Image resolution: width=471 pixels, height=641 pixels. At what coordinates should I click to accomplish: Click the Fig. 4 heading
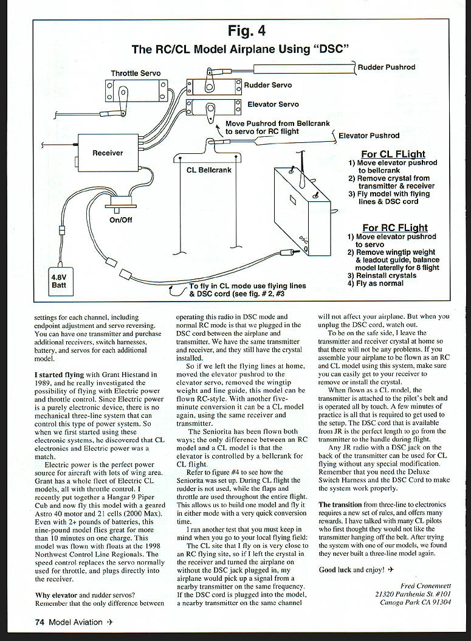(246, 30)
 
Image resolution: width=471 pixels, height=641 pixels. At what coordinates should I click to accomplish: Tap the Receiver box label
(108, 153)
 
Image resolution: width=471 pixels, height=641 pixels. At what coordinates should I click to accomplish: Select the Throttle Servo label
(136, 74)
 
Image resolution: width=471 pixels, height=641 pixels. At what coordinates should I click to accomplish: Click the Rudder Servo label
(267, 86)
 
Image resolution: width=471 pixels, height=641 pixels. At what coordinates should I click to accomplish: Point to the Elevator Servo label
(271, 105)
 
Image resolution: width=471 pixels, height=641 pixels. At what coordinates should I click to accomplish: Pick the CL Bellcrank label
(208, 170)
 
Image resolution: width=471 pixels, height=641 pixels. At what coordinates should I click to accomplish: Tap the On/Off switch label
(120, 220)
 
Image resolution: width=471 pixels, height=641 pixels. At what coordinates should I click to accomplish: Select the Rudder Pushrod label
(387, 67)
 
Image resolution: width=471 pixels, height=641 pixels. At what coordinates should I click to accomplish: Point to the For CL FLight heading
(393, 154)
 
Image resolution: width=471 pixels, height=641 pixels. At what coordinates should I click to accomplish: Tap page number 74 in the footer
(40, 622)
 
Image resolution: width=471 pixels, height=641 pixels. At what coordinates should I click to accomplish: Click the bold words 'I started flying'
(59, 374)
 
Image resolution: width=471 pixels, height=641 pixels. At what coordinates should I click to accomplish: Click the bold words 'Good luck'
(336, 570)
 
